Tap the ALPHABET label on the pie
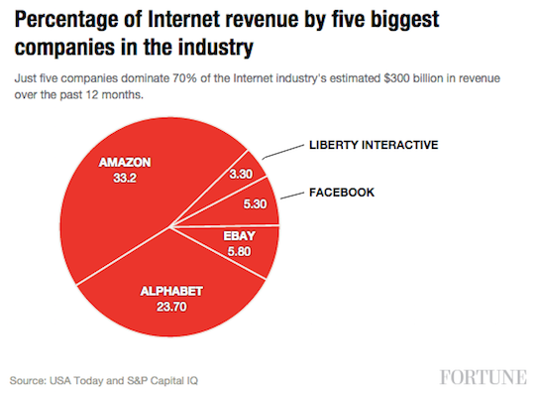click(170, 291)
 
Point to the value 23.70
click(170, 308)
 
